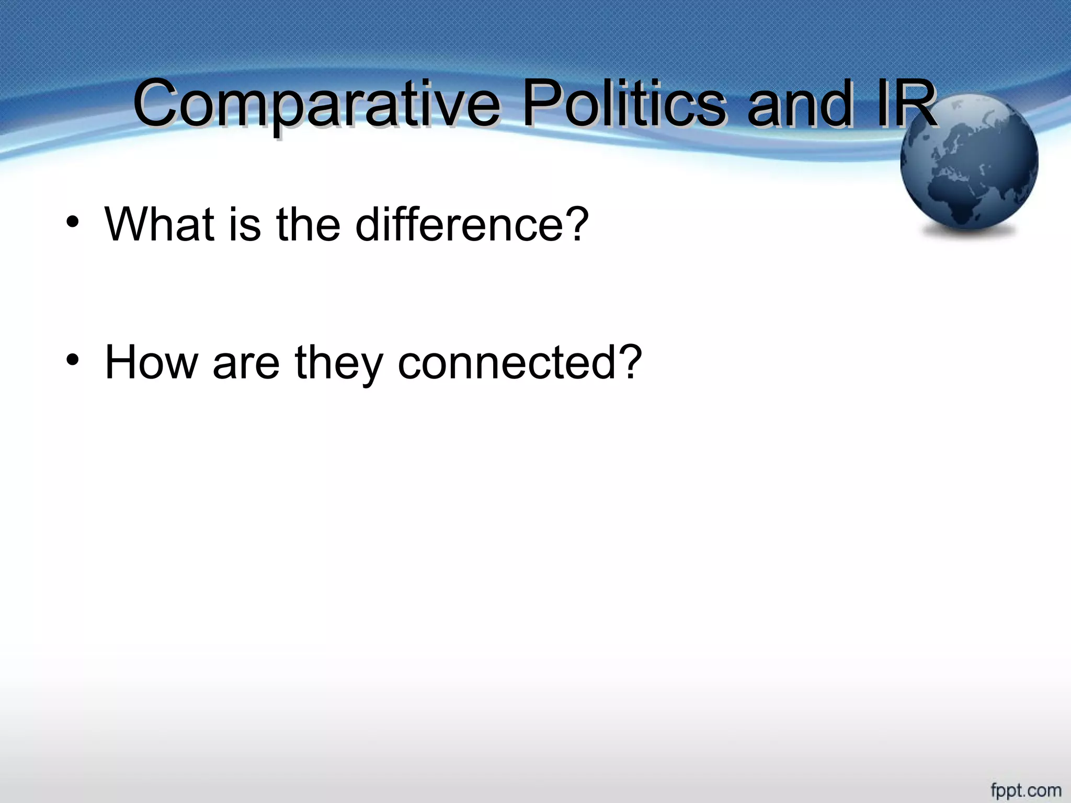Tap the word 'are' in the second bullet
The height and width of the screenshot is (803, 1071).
click(246, 364)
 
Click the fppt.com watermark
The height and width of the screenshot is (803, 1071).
click(1026, 789)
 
